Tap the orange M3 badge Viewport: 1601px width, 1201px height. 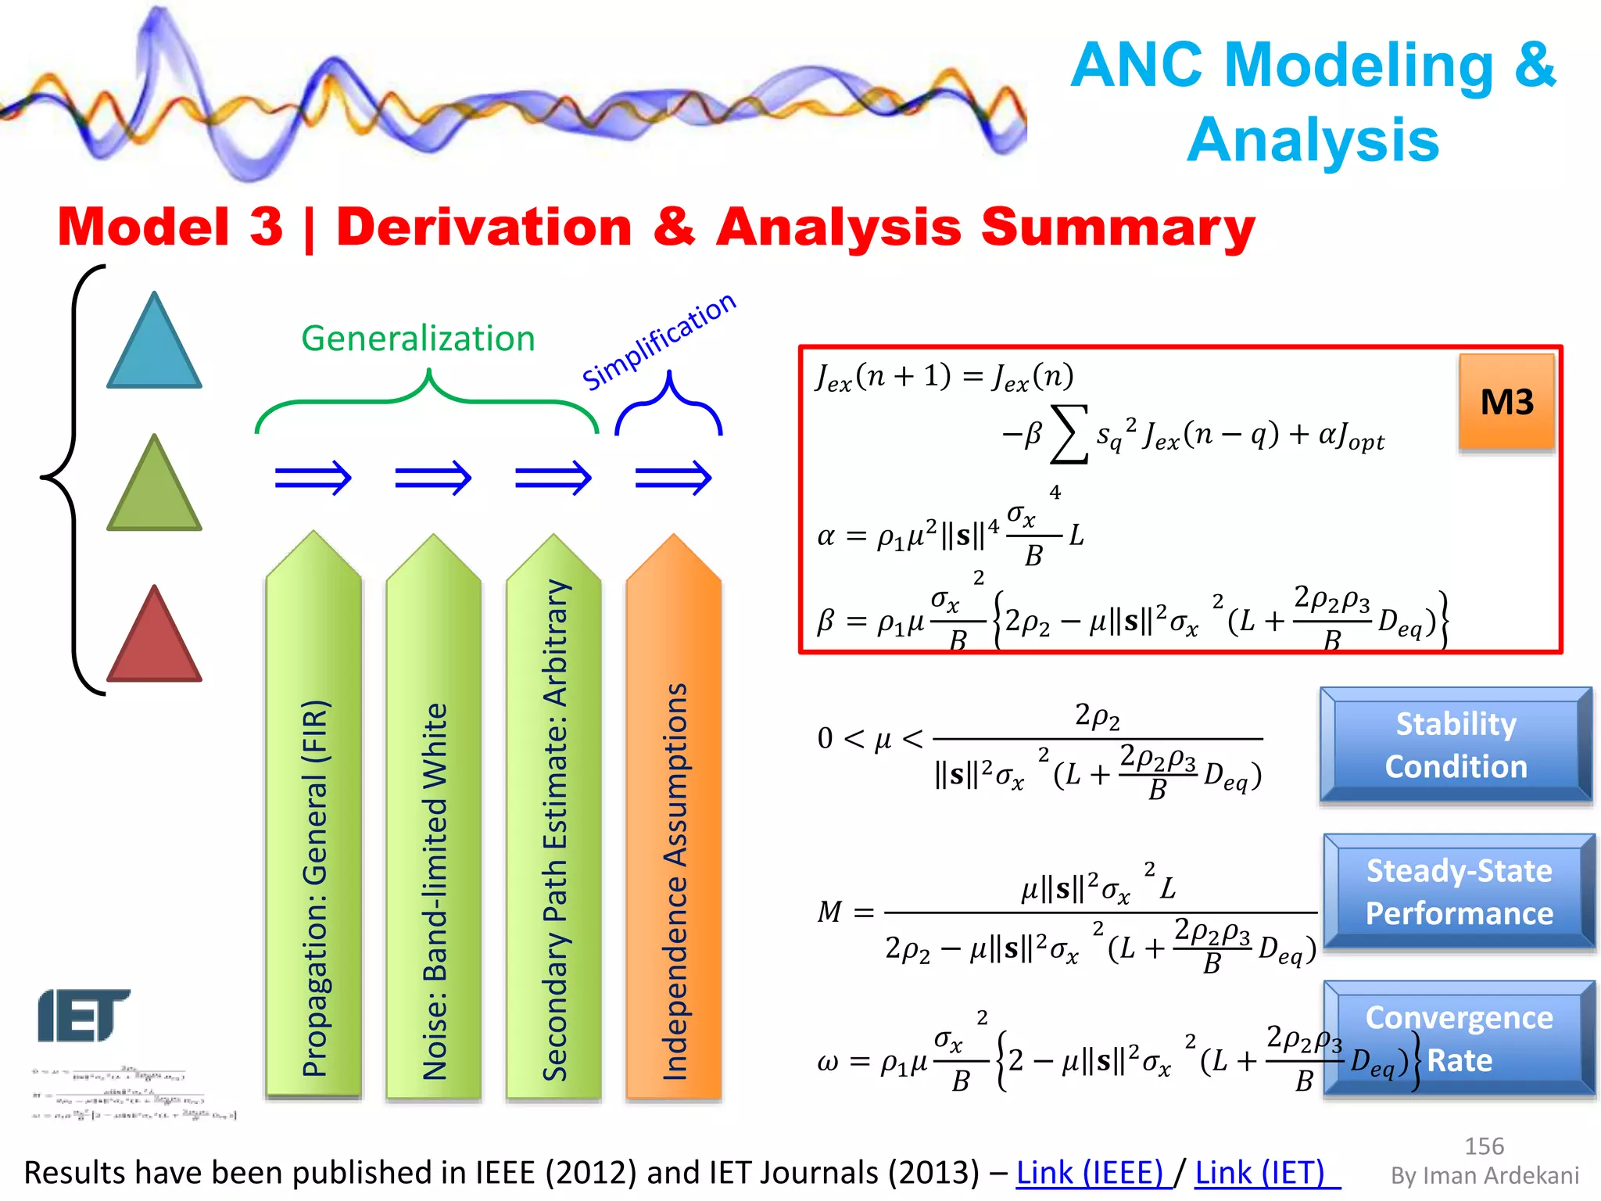point(1506,402)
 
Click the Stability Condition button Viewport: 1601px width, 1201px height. point(1456,744)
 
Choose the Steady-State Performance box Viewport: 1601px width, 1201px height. point(1459,891)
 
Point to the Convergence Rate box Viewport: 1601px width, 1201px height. point(1459,1038)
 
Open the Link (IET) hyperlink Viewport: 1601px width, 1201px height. point(1260,1173)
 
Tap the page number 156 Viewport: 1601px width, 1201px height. point(1484,1146)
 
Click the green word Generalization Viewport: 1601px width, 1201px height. point(418,339)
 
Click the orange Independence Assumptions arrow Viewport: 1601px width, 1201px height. point(674,821)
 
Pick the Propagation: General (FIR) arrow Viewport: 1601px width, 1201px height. point(313,821)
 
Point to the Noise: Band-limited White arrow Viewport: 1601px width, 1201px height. point(434,821)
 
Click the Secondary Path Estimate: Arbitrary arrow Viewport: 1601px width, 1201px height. point(553,821)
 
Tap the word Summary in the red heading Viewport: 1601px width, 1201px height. point(1118,227)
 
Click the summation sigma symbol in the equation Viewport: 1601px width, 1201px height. point(1069,435)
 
